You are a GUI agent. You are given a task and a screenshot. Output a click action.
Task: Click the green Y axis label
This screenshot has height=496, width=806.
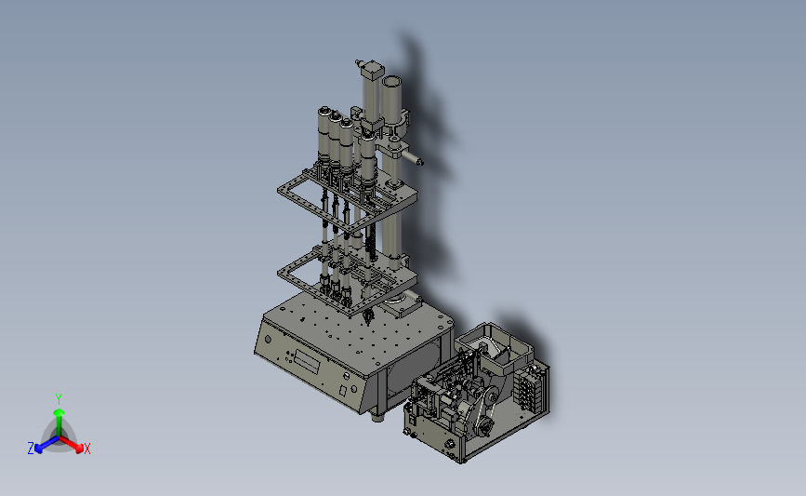coord(58,399)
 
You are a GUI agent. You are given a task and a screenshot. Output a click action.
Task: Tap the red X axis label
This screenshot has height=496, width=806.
coord(86,449)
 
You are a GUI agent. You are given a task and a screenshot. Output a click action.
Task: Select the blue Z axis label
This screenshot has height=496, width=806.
coord(31,449)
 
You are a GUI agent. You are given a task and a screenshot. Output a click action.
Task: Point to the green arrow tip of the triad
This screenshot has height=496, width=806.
coord(59,412)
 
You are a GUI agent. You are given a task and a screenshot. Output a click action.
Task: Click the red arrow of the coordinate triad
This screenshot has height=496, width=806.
coord(71,444)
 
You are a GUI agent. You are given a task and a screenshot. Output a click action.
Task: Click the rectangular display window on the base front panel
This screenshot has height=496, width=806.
coord(307,362)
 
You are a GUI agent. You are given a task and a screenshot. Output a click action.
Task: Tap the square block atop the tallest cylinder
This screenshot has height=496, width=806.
coord(373,70)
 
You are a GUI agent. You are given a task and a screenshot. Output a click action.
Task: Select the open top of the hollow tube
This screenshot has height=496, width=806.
coord(391,82)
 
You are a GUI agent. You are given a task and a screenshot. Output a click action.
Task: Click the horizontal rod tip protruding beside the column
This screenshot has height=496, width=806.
coord(419,162)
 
